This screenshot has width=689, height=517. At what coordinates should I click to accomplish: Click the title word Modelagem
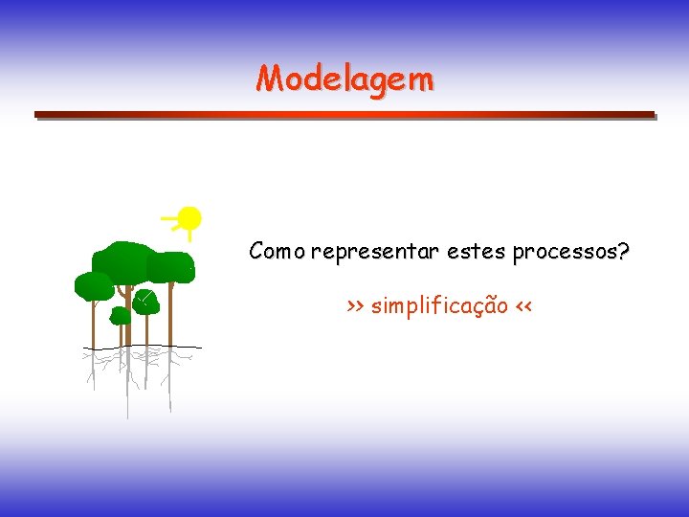[344, 78]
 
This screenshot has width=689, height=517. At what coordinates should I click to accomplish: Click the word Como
[277, 252]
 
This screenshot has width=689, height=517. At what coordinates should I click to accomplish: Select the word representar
[374, 253]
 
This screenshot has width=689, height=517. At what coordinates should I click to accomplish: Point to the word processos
[565, 253]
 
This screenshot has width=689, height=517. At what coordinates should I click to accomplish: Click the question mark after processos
[624, 252]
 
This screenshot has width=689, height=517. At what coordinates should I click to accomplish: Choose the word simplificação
[439, 306]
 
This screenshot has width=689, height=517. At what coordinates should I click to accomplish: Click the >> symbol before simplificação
[355, 307]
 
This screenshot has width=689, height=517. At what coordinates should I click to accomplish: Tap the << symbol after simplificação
[522, 307]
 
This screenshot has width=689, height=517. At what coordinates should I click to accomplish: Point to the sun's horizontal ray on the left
[170, 220]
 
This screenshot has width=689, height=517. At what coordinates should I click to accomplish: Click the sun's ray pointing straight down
[189, 236]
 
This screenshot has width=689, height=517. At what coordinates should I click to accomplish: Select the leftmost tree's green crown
[94, 285]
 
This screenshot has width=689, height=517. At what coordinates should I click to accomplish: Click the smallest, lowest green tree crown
[121, 315]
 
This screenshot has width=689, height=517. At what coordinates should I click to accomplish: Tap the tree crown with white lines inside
[145, 302]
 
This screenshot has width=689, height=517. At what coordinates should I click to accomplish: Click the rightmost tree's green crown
[172, 266]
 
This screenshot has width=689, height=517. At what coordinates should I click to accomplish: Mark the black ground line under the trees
[144, 347]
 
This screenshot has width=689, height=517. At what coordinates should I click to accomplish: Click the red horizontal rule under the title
[344, 114]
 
